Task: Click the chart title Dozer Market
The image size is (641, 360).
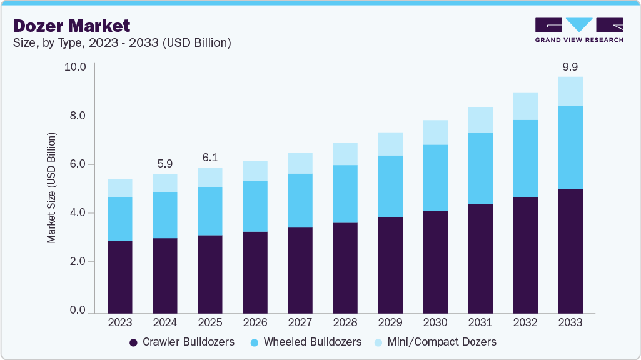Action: (71, 26)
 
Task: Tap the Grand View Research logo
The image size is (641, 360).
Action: (578, 30)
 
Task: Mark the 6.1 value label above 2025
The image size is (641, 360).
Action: (209, 157)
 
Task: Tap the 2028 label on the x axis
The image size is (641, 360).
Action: (345, 322)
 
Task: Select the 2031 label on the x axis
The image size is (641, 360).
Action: (480, 322)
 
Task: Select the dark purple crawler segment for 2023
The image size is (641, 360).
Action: (120, 277)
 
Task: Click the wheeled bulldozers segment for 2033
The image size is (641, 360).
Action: (570, 147)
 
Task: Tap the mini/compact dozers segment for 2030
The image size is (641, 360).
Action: (435, 132)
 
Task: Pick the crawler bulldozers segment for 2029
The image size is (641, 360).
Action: (390, 265)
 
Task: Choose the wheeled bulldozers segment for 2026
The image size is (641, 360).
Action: (255, 206)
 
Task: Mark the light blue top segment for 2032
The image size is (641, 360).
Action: (525, 106)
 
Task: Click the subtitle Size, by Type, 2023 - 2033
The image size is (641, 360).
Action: (123, 42)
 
